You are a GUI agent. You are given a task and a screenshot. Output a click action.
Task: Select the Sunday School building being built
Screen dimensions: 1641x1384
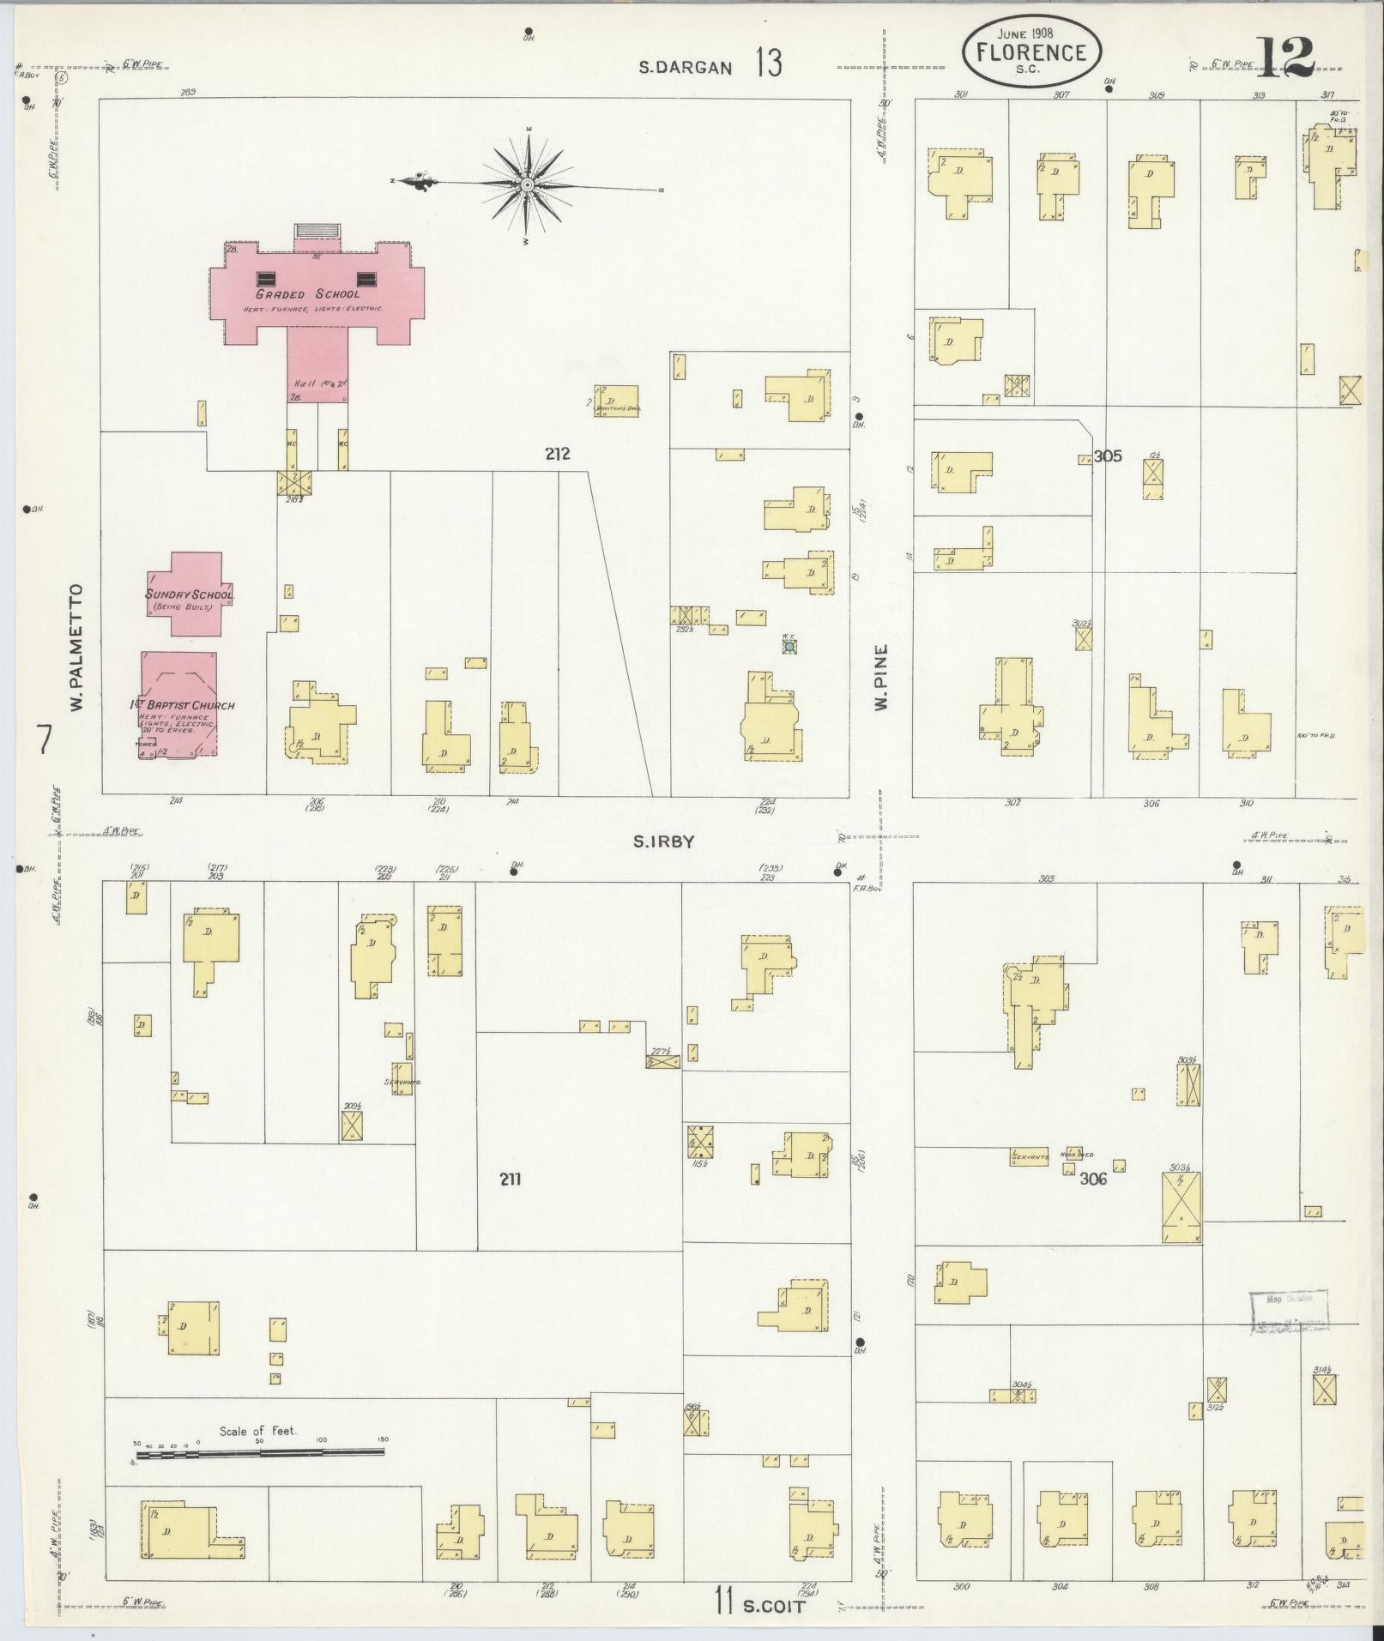[184, 594]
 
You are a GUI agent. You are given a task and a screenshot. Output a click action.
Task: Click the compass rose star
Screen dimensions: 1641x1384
[527, 184]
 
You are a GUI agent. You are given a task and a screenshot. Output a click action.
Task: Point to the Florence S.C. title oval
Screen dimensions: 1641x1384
[1030, 52]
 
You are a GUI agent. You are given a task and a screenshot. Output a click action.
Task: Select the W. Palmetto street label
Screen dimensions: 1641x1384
[76, 648]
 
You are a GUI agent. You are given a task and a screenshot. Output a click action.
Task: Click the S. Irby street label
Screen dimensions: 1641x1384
[663, 842]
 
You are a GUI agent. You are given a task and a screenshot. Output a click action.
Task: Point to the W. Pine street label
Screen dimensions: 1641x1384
[881, 678]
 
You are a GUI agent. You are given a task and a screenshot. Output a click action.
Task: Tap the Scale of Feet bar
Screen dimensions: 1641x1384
[259, 1452]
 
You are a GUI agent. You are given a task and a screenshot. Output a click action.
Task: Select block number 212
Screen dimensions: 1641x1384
[557, 454]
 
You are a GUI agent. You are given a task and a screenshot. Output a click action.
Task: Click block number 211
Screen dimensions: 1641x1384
[511, 1179]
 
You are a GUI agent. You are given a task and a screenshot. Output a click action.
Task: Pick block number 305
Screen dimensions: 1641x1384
[1107, 456]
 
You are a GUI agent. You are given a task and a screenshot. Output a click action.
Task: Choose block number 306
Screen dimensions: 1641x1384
[1093, 1179]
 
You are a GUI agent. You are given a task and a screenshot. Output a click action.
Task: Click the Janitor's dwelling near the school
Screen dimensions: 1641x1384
[617, 401]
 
